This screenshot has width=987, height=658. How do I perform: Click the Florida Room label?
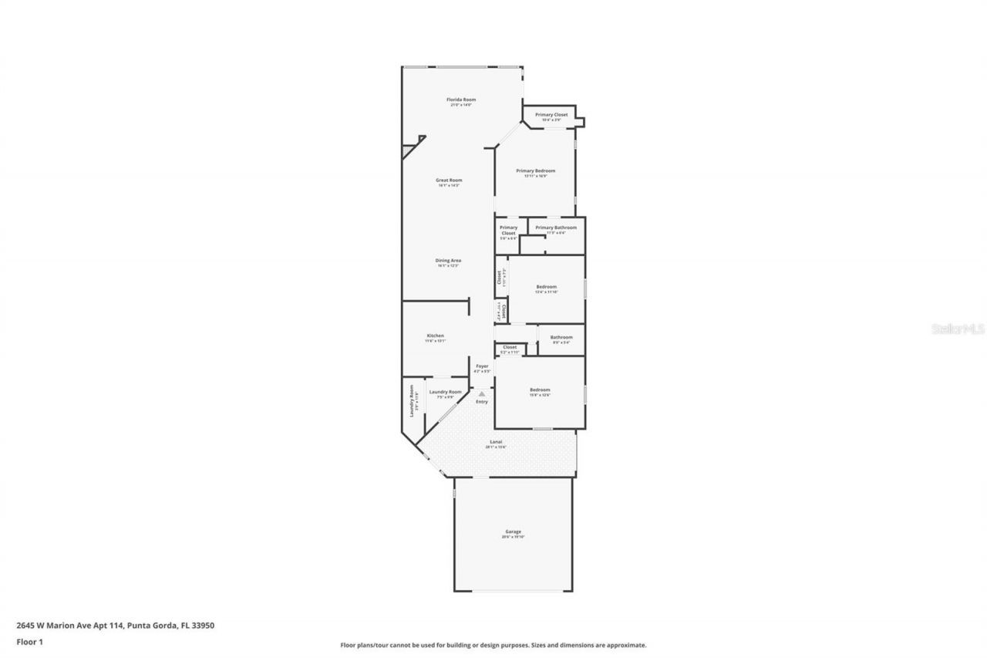(461, 100)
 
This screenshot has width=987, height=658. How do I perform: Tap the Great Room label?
(449, 181)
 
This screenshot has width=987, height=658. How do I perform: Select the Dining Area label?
(448, 261)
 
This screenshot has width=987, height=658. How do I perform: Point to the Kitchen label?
(436, 336)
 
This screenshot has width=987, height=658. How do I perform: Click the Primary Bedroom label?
(535, 171)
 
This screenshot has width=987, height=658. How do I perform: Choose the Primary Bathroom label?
(555, 228)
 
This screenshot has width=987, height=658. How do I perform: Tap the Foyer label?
(482, 366)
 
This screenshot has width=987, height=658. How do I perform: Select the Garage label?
(514, 531)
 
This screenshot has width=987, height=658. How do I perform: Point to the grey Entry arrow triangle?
(482, 394)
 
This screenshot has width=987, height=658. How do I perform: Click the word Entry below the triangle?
(482, 402)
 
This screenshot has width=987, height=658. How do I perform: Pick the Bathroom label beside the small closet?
(561, 337)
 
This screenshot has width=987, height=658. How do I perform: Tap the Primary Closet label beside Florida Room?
(551, 115)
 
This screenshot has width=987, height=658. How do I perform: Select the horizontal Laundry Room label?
(446, 392)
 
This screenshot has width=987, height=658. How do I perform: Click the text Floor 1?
(29, 641)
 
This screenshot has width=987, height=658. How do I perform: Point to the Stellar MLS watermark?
(958, 329)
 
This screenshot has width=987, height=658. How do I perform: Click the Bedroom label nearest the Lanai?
(540, 390)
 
